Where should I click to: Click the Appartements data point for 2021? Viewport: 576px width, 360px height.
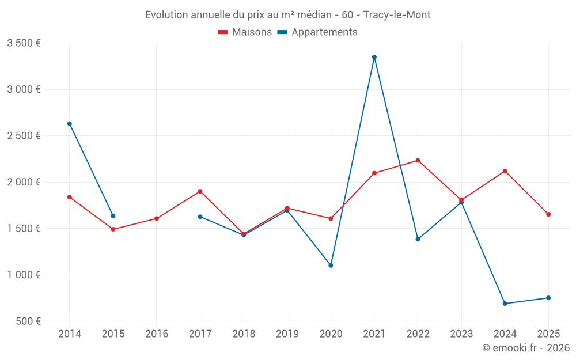(374, 57)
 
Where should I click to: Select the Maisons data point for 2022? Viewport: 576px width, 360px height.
(418, 160)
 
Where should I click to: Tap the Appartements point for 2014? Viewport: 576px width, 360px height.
(70, 124)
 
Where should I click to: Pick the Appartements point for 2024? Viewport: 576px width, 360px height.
(505, 304)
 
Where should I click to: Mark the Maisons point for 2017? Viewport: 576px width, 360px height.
(200, 191)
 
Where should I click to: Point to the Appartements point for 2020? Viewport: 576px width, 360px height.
(331, 266)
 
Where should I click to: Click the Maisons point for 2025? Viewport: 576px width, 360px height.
(548, 214)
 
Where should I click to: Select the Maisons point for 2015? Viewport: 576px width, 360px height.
(113, 229)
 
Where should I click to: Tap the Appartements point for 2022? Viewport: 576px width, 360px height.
(418, 239)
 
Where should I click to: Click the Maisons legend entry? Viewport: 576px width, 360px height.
(245, 32)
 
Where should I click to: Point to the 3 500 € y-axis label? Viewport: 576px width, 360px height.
(24, 43)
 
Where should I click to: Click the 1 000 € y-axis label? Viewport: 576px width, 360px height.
(24, 275)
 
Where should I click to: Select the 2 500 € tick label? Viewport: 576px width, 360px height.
(24, 136)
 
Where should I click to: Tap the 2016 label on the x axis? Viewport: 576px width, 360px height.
(157, 334)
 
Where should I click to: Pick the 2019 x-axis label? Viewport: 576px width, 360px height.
(287, 334)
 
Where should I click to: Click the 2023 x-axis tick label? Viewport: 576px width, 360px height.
(461, 334)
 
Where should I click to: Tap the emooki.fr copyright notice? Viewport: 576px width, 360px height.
(525, 348)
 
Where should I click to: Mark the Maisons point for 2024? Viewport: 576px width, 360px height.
(505, 171)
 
